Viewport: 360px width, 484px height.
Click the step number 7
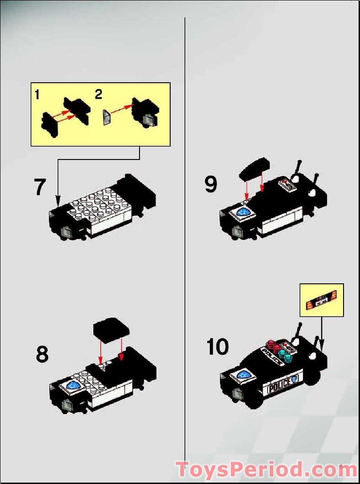pos(40,187)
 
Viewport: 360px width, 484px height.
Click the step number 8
pos(42,354)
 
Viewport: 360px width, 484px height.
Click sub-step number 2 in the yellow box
pos(98,95)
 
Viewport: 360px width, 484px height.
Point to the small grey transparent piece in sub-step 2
pos(107,117)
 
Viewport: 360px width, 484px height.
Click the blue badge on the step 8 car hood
pos(73,385)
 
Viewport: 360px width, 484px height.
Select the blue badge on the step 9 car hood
pos(243,213)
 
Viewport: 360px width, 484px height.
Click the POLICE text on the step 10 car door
pos(279,387)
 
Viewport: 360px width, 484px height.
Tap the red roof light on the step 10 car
pos(274,345)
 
